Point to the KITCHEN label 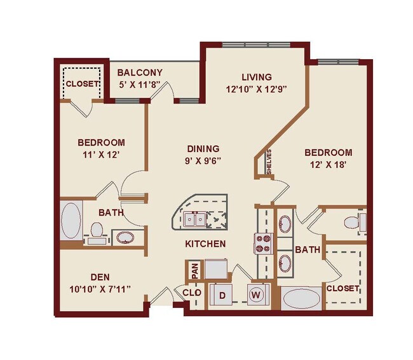tap(206, 244)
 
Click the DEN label tap(99, 277)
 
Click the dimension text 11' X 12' tap(101, 154)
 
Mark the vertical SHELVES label tap(269, 162)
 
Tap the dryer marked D tap(222, 295)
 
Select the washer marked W tap(257, 294)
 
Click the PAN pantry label tap(193, 271)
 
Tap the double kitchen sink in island tap(194, 219)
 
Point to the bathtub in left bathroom tap(71, 220)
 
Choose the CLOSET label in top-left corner tap(83, 83)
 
